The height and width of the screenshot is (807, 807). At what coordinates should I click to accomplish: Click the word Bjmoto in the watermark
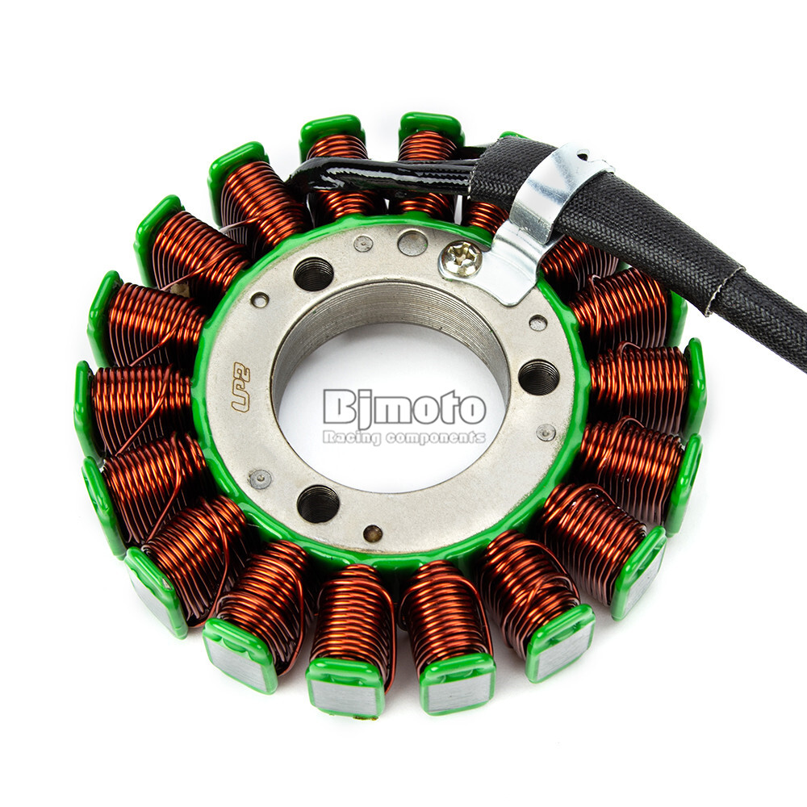404,408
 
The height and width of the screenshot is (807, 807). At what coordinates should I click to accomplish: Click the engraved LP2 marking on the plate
240,390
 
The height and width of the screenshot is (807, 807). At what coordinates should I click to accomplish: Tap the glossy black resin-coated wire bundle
379,173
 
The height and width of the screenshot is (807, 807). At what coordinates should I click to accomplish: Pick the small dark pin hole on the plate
372,533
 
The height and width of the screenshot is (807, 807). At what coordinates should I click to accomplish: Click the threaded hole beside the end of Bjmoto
538,376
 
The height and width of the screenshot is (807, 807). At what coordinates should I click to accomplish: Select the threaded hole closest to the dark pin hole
317,503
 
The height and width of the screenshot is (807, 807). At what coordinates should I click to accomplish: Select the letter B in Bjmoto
337,408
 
